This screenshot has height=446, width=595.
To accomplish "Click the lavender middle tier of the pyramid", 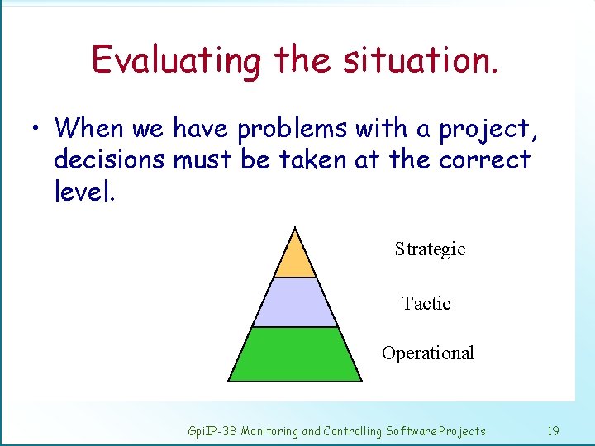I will (x=295, y=303).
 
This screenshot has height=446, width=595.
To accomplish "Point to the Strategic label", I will (x=430, y=249).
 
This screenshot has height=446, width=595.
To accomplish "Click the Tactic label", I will (x=426, y=304).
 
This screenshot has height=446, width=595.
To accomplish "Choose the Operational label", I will (x=427, y=353).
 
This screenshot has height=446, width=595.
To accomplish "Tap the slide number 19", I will (x=553, y=431).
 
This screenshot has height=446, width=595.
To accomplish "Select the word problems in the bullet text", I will (x=293, y=130).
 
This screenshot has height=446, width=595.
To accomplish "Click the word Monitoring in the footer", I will (x=269, y=431).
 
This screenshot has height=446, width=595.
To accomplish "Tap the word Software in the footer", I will (x=412, y=431).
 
